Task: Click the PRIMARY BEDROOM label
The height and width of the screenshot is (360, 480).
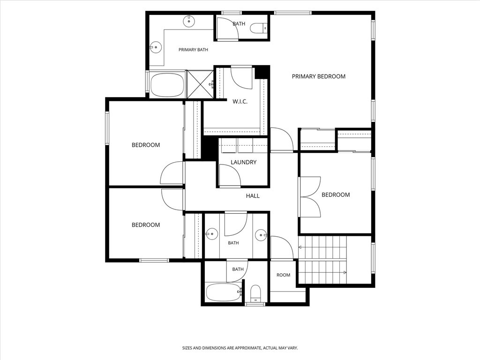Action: (x=318, y=76)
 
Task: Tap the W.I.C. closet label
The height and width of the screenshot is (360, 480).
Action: (x=240, y=102)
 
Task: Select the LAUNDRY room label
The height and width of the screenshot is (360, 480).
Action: (x=243, y=162)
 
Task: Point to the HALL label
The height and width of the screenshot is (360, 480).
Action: (x=253, y=196)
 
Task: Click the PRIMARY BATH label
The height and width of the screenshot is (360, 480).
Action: (x=193, y=50)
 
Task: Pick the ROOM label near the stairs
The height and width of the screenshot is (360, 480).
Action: (x=283, y=275)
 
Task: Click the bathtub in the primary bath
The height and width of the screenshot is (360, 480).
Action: (x=167, y=85)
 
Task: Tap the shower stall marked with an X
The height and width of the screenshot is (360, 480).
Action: (x=200, y=84)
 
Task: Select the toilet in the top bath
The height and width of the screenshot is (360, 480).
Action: (x=259, y=28)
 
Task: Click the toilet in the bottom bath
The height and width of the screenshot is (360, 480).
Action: (x=255, y=293)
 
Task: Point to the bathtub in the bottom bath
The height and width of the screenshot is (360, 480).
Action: (x=224, y=292)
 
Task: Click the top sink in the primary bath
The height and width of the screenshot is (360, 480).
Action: (x=189, y=21)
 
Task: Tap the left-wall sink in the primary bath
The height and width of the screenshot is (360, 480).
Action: (x=156, y=47)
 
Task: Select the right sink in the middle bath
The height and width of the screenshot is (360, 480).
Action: (x=261, y=235)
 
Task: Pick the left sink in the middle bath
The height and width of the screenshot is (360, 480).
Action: (x=211, y=234)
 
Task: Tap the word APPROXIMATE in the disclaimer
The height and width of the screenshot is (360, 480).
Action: (x=247, y=348)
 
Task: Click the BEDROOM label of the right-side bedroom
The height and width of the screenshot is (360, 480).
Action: (x=336, y=195)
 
